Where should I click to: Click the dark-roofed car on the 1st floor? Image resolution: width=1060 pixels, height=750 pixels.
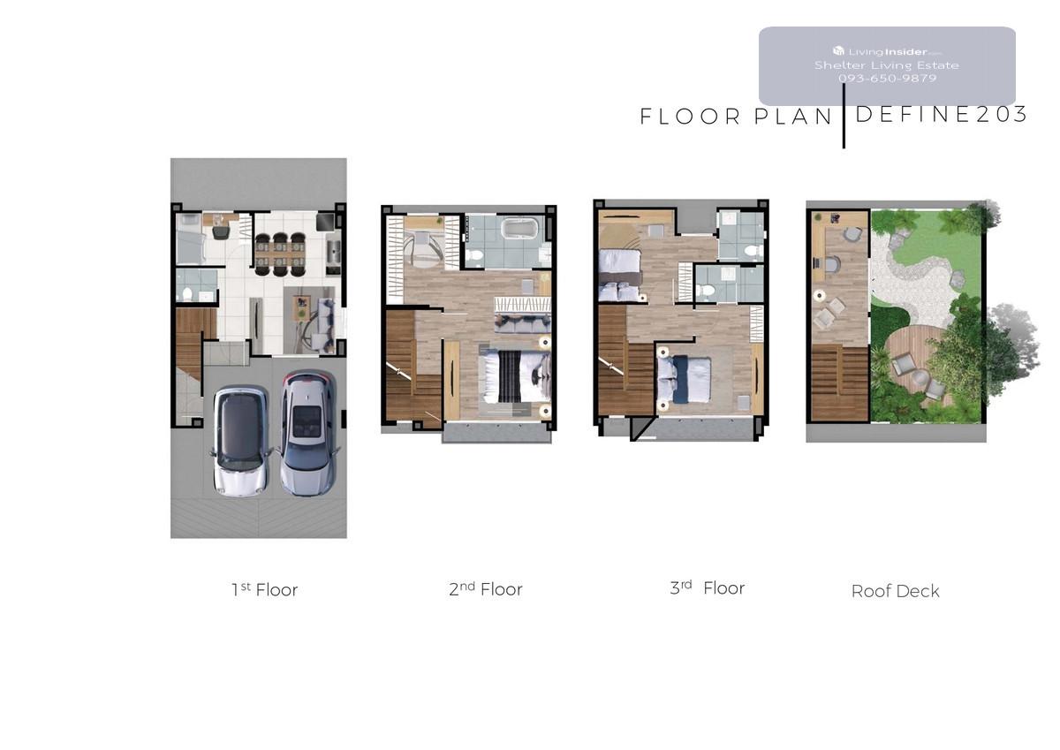click(239, 441)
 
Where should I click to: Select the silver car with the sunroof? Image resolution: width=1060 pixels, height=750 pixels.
click(308, 434)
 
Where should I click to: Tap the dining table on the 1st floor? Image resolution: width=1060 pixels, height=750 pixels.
click(280, 254)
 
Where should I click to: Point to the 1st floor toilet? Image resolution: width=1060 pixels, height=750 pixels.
click(187, 293)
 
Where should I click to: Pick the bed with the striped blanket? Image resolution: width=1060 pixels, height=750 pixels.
click(515, 376)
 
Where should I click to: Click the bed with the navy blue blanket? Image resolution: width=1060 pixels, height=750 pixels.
click(685, 380)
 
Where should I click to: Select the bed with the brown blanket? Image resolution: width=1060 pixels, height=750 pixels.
click(620, 275)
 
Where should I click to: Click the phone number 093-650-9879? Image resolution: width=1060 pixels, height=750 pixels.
click(887, 78)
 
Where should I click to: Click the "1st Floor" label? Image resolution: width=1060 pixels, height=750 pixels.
click(264, 589)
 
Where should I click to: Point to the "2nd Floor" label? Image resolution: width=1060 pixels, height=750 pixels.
click(486, 589)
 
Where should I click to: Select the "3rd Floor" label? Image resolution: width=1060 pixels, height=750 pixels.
click(707, 587)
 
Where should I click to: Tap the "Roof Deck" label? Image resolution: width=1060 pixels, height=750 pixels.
click(896, 591)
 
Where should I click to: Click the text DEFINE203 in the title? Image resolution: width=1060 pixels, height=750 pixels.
click(942, 115)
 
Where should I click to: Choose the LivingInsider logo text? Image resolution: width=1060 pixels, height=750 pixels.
click(887, 51)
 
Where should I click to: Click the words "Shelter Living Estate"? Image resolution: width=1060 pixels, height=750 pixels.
click(887, 65)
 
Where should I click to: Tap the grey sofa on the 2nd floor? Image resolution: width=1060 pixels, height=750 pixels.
click(522, 322)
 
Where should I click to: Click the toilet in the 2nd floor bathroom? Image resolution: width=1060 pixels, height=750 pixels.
click(474, 256)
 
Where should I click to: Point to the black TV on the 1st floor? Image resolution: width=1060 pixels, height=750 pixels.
click(325, 221)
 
